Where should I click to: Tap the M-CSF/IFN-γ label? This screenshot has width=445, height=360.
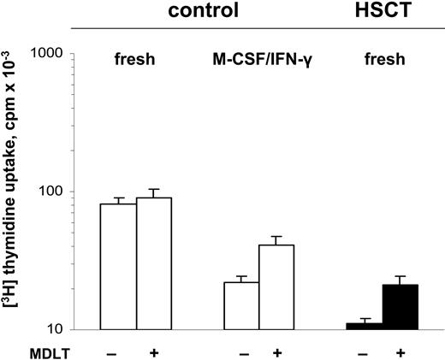tap(261, 61)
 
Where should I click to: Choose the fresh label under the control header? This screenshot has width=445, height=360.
tap(136, 61)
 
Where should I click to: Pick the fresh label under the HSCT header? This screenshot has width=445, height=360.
tap(382, 61)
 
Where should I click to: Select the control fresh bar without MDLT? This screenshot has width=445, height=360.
tap(118, 267)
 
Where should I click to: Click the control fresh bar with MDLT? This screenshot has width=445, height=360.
tap(154, 263)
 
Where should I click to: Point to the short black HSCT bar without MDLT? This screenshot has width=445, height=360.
tap(365, 326)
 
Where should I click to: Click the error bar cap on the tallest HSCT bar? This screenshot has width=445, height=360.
tap(400, 276)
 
